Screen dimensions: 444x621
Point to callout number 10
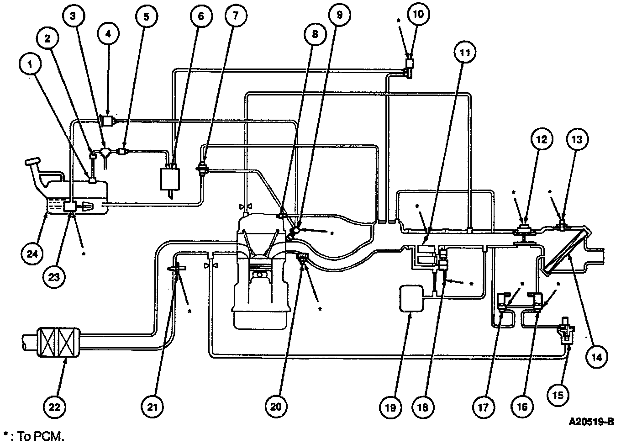[x=418, y=14]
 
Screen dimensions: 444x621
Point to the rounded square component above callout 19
[x=410, y=299]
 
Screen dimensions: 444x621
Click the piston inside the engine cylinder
[x=259, y=277]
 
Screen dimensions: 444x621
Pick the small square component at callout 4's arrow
[x=107, y=121]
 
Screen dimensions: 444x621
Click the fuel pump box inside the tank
[x=71, y=206]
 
